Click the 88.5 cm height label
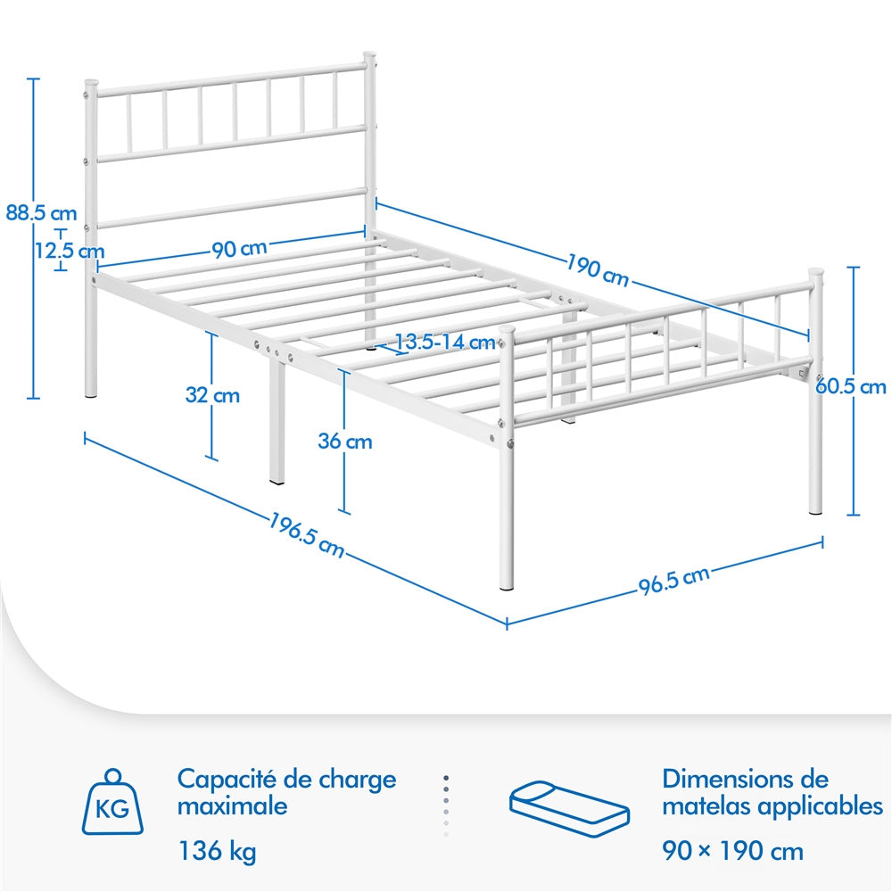tap(41, 213)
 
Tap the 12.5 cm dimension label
tap(70, 251)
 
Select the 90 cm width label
tap(239, 249)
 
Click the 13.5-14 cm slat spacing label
tap(445, 342)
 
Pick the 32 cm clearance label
tap(212, 395)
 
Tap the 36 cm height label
tap(344, 441)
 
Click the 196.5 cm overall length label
tap(306, 535)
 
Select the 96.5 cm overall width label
tap(674, 581)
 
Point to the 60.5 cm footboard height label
tap(850, 387)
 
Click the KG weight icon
tap(112, 802)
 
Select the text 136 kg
tap(218, 851)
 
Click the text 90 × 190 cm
tap(732, 851)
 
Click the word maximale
tap(232, 806)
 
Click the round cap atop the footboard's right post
tap(816, 272)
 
